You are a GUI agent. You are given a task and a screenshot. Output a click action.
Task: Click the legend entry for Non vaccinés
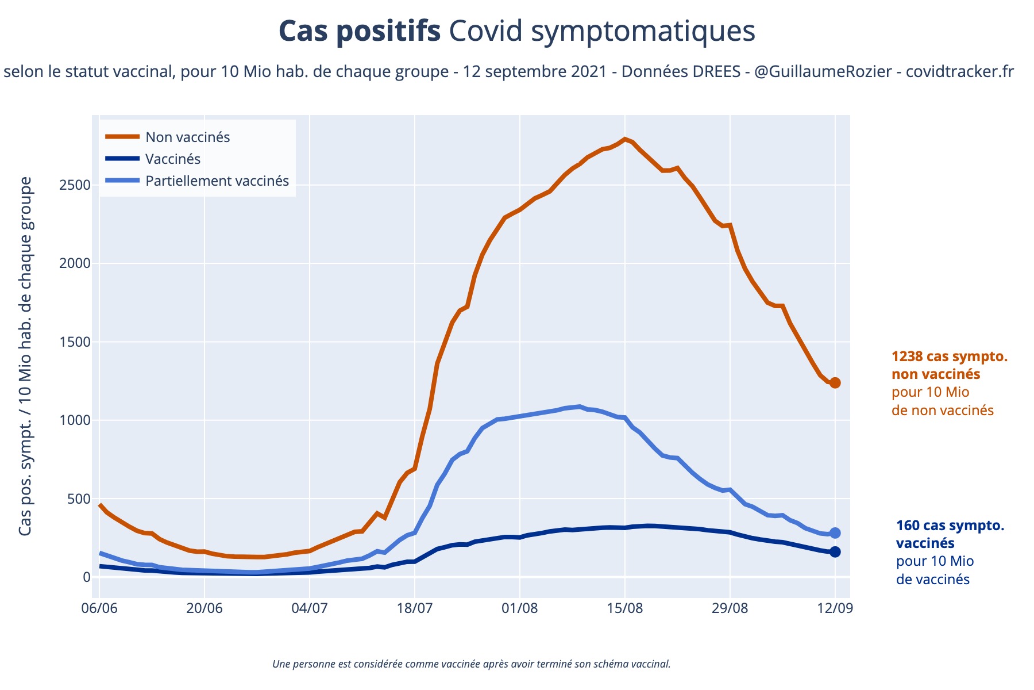187,137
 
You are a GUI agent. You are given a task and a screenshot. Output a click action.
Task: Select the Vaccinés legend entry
173,159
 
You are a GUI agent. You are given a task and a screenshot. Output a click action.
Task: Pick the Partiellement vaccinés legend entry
217,181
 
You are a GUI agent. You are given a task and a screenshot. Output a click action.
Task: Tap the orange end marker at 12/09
835,383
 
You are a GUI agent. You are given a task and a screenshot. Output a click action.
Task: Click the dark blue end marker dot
835,552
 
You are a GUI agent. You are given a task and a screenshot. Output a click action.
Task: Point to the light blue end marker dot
835,533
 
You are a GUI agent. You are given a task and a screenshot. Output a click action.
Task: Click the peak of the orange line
624,139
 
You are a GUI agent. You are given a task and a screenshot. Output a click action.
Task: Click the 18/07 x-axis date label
414,608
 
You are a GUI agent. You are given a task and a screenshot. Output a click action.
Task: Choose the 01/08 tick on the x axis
519,608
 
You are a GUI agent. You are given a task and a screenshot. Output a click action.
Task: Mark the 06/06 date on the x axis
99,608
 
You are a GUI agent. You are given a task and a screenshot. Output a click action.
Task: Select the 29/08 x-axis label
730,608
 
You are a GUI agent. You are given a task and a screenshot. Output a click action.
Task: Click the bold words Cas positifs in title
360,32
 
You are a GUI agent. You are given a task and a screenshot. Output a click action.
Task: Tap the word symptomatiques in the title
643,32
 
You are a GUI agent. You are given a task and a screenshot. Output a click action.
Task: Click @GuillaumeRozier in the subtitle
823,72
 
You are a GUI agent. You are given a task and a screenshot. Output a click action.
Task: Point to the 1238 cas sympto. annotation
950,356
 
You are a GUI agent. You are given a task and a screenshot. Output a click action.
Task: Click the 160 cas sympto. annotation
950,526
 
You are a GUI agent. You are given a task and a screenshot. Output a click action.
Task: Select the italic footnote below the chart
472,664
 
